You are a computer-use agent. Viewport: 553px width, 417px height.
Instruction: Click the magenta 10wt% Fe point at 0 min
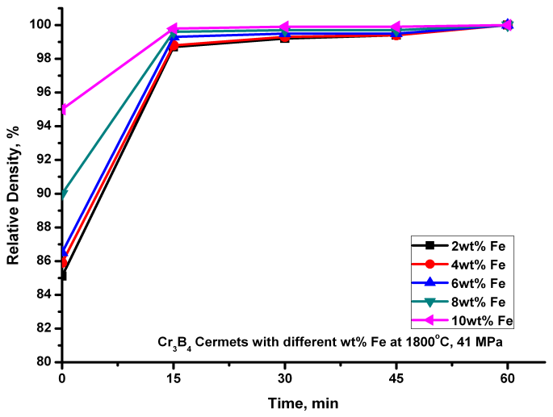point(63,109)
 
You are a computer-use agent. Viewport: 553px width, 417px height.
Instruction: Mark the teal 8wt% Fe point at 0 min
point(63,194)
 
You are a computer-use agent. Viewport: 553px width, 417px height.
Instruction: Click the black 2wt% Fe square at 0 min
point(63,276)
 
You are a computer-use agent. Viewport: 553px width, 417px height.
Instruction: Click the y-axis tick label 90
point(46,194)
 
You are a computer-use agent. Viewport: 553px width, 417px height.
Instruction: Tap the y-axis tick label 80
point(46,362)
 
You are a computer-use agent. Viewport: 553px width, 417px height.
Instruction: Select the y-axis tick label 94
point(46,126)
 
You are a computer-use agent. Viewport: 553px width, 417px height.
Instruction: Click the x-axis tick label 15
point(174,377)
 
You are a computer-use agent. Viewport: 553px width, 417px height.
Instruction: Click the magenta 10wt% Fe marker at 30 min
point(285,27)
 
